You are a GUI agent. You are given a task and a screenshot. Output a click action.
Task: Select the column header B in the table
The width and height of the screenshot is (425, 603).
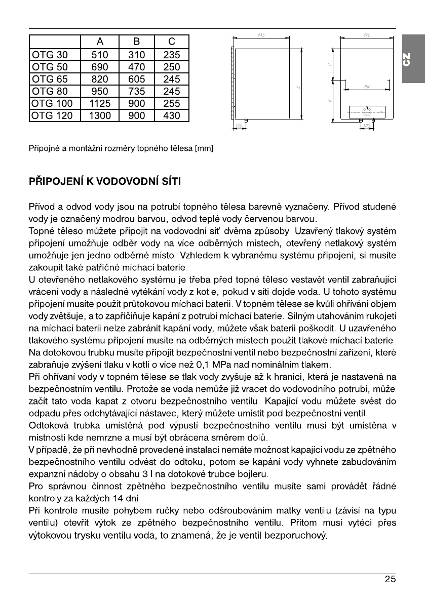(x=137, y=42)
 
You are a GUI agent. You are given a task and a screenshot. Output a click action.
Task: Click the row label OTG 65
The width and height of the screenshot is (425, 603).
(x=53, y=79)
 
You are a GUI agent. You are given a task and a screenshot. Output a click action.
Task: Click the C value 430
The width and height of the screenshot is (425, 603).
(x=172, y=116)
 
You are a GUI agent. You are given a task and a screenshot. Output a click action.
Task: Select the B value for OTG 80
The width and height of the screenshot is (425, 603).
(x=137, y=91)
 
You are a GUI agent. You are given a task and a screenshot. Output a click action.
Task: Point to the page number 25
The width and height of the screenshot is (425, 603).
(x=390, y=580)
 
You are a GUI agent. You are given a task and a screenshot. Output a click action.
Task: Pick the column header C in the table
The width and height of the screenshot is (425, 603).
(x=172, y=42)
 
